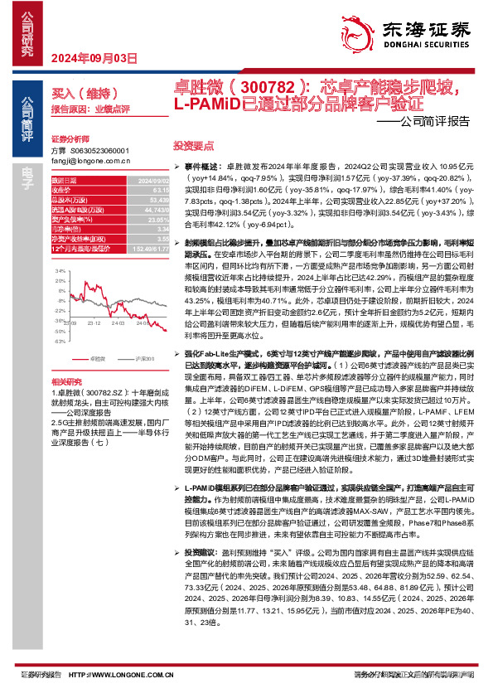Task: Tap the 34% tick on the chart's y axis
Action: (60, 271)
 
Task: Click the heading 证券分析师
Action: (68, 138)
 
